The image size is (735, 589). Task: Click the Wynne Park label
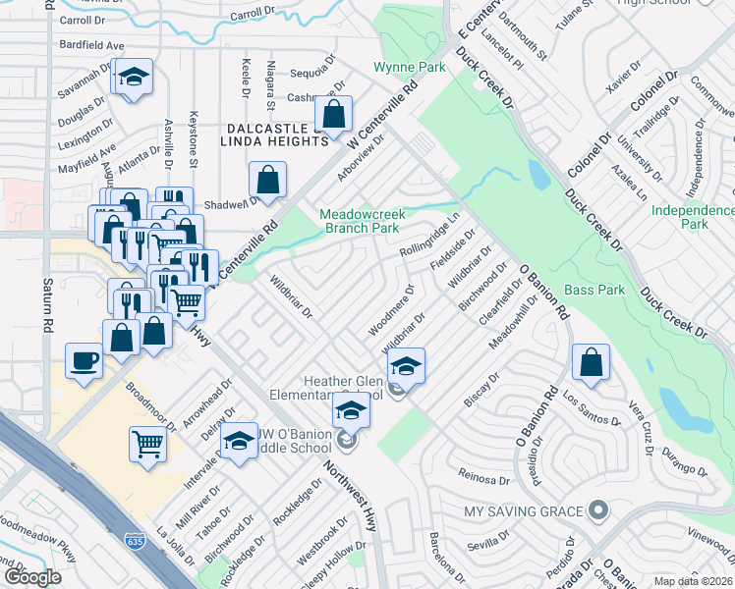[x=410, y=68]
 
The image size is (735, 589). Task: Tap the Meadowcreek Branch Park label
[x=359, y=221]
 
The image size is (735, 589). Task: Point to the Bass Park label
[x=595, y=291]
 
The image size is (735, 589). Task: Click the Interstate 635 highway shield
[x=135, y=540]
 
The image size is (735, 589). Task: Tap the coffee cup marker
[x=84, y=359]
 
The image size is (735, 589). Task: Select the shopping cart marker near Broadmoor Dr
[x=147, y=443]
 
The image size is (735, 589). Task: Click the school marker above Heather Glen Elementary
[x=405, y=365]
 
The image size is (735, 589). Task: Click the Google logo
[x=32, y=577]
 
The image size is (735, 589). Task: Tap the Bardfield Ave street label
[x=90, y=45]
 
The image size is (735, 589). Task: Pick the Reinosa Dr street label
[x=483, y=477]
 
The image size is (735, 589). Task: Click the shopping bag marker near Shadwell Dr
[x=267, y=180]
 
